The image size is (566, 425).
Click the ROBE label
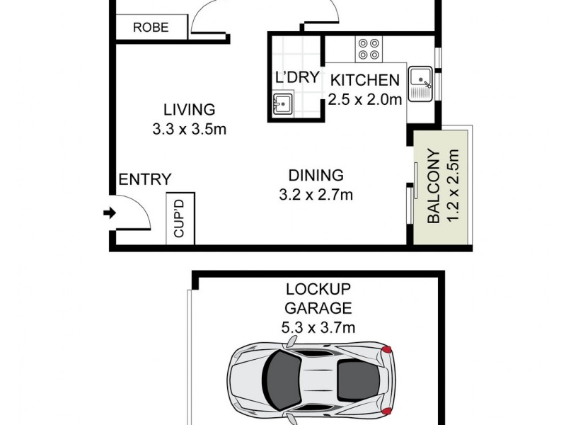point(151,28)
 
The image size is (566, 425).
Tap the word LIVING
point(189,110)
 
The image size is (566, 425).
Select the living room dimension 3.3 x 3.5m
point(189,130)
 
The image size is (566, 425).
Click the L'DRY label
point(297,78)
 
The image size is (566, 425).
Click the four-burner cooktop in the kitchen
point(368,48)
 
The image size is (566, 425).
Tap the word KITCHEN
point(365,79)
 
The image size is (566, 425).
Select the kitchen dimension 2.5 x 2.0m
point(365,99)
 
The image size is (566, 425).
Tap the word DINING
point(316,175)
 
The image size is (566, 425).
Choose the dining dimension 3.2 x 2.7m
point(316,194)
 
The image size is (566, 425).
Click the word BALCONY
point(434,186)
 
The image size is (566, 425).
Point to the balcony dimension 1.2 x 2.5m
point(454,186)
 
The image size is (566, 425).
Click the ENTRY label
point(144,180)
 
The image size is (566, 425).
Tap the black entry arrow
point(108,212)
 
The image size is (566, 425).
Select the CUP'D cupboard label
point(180,219)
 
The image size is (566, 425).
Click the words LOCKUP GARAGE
point(318,298)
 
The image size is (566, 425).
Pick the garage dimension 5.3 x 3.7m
point(318,327)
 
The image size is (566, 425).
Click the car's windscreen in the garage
point(283,379)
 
